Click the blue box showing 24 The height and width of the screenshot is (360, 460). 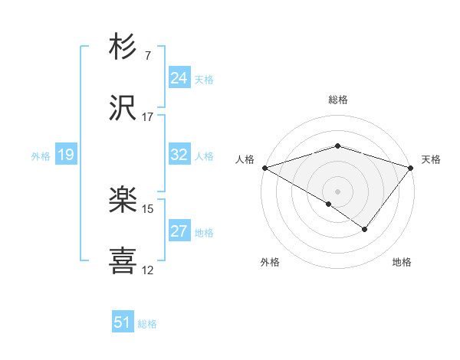click(x=179, y=78)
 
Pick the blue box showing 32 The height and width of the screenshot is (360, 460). click(x=179, y=155)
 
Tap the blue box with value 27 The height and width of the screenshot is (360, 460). click(x=179, y=231)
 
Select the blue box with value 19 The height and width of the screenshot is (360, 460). click(x=65, y=155)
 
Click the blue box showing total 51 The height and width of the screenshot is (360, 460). click(x=123, y=322)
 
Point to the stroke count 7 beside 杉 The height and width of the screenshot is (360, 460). click(x=147, y=55)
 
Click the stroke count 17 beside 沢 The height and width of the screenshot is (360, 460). click(x=147, y=117)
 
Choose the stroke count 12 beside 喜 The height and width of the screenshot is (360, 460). click(x=147, y=270)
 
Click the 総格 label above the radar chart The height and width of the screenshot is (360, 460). click(x=338, y=100)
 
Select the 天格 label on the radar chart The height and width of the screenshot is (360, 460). click(x=431, y=159)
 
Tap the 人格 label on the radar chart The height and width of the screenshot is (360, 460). click(x=245, y=159)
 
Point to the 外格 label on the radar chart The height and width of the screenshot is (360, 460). click(x=270, y=263)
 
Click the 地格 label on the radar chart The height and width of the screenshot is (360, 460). click(x=402, y=263)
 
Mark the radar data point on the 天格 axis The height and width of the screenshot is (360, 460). click(x=412, y=167)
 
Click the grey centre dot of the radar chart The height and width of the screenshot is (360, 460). click(x=338, y=191)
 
